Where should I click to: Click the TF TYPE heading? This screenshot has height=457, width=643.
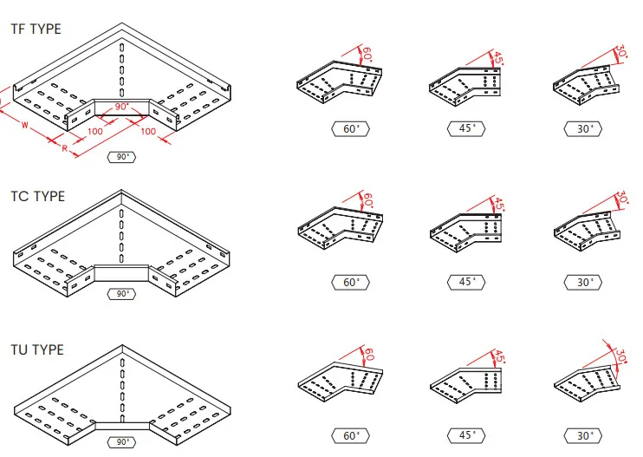pos(36,29)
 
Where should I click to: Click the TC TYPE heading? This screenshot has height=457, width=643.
pos(37,196)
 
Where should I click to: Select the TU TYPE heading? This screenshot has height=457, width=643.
pos(37,349)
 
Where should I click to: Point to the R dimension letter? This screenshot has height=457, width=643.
pos(65,148)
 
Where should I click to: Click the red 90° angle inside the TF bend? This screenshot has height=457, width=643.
pos(121,106)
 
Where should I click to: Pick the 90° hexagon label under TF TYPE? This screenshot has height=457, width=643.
pos(121,157)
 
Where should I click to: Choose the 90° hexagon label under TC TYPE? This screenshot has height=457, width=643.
pos(121,293)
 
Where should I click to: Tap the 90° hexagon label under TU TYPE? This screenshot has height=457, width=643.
pos(121,442)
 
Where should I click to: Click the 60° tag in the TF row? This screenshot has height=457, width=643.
pos(351,128)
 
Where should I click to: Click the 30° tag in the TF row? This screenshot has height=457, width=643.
pos(586,128)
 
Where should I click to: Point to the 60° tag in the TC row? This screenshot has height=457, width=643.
pos(351,282)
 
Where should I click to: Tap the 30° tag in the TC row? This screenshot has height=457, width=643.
pos(586,282)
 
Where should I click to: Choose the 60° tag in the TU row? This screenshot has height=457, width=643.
pos(351,435)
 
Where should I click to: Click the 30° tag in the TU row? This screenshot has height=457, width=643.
pos(586,435)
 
